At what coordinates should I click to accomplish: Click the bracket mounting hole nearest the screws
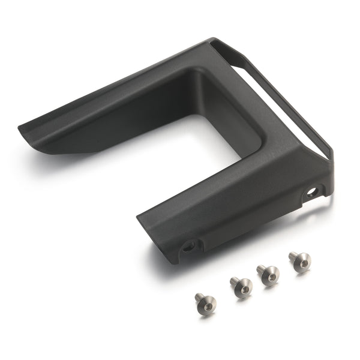coord(190,245)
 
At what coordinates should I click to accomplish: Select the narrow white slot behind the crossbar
coord(282,102)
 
